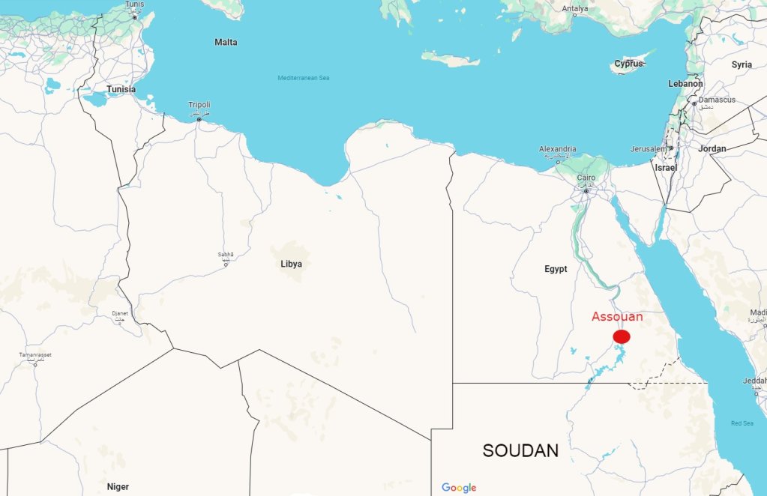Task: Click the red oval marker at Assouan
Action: pyautogui.click(x=621, y=336)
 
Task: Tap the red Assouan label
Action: pyautogui.click(x=617, y=317)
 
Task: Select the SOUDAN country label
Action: pyautogui.click(x=520, y=451)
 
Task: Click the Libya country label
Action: pyautogui.click(x=292, y=264)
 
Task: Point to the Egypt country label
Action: pyautogui.click(x=556, y=269)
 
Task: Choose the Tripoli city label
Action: pyautogui.click(x=199, y=104)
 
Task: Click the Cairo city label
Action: pyautogui.click(x=586, y=178)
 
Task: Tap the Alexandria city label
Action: pyautogui.click(x=558, y=149)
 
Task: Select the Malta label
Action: pyautogui.click(x=226, y=42)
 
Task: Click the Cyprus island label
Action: pyautogui.click(x=628, y=64)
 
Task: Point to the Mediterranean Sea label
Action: pyautogui.click(x=304, y=78)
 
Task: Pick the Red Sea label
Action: pyautogui.click(x=742, y=424)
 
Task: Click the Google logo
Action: pyautogui.click(x=459, y=488)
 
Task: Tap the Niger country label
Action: pyautogui.click(x=118, y=487)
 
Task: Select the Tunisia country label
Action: pyautogui.click(x=121, y=89)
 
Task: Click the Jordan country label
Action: pyautogui.click(x=712, y=149)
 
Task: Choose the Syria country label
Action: pyautogui.click(x=742, y=64)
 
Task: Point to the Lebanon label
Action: pyautogui.click(x=685, y=84)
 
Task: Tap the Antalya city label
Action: pyautogui.click(x=575, y=9)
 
